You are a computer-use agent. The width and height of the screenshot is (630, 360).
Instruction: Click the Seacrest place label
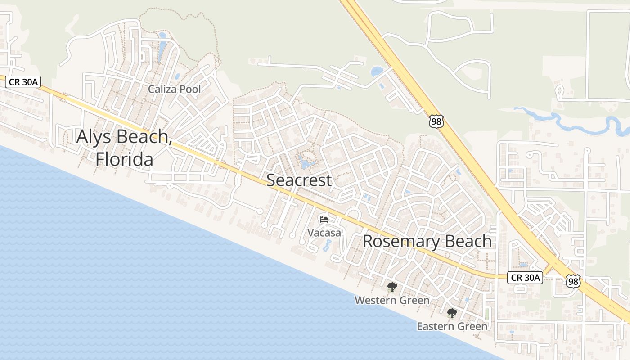tap(299, 180)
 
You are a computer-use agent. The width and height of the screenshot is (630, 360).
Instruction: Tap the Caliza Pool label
tap(175, 89)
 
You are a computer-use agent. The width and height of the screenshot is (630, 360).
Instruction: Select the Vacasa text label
tap(324, 233)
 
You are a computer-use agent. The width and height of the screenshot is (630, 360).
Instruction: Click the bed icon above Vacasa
tap(324, 220)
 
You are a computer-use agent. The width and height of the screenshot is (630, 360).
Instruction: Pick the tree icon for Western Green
tap(392, 287)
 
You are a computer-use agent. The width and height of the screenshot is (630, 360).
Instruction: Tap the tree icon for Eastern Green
tap(452, 313)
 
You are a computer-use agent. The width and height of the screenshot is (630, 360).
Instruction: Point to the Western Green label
tap(392, 300)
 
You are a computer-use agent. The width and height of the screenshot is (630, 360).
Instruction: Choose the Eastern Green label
tap(452, 326)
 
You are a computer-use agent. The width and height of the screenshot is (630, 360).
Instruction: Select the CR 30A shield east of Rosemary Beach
tap(525, 278)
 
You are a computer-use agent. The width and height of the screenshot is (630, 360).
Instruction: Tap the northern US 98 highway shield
tap(436, 121)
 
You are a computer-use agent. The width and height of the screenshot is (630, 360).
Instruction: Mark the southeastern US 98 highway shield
tap(573, 281)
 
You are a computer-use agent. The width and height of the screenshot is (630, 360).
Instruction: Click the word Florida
tap(124, 159)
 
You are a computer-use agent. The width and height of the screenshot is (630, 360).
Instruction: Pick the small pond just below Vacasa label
tap(327, 245)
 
